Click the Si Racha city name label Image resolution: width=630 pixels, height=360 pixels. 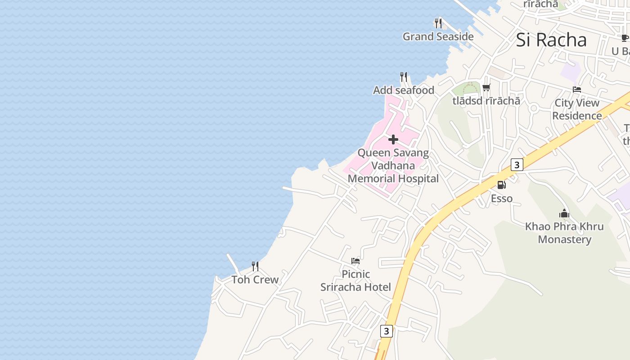[551, 40]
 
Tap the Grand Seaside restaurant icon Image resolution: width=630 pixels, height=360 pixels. [438, 23]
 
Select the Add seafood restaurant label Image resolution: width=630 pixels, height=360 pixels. [404, 90]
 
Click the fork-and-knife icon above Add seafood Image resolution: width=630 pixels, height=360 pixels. [404, 77]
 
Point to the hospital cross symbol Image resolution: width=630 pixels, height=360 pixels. [393, 139]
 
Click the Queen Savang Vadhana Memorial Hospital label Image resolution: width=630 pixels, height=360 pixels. [393, 166]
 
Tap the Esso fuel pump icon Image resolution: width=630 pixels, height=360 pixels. [501, 185]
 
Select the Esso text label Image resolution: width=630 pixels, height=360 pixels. [501, 198]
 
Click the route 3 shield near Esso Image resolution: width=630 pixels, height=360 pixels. [517, 165]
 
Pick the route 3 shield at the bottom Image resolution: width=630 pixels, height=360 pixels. [386, 331]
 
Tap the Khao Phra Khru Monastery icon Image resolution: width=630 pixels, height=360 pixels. [564, 213]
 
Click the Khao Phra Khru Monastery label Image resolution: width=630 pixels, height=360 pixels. [564, 233]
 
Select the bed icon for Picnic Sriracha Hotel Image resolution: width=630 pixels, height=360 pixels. [355, 261]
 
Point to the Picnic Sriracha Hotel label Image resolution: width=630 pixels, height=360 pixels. [355, 280]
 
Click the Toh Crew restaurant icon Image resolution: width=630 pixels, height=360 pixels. [255, 266]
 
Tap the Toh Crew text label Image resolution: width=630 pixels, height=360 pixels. [255, 280]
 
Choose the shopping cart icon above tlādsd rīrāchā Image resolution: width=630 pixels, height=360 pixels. [486, 87]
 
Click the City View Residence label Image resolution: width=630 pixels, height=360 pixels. [577, 109]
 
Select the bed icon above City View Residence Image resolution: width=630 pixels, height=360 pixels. [577, 90]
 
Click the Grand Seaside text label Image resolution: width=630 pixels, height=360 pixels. [438, 36]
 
